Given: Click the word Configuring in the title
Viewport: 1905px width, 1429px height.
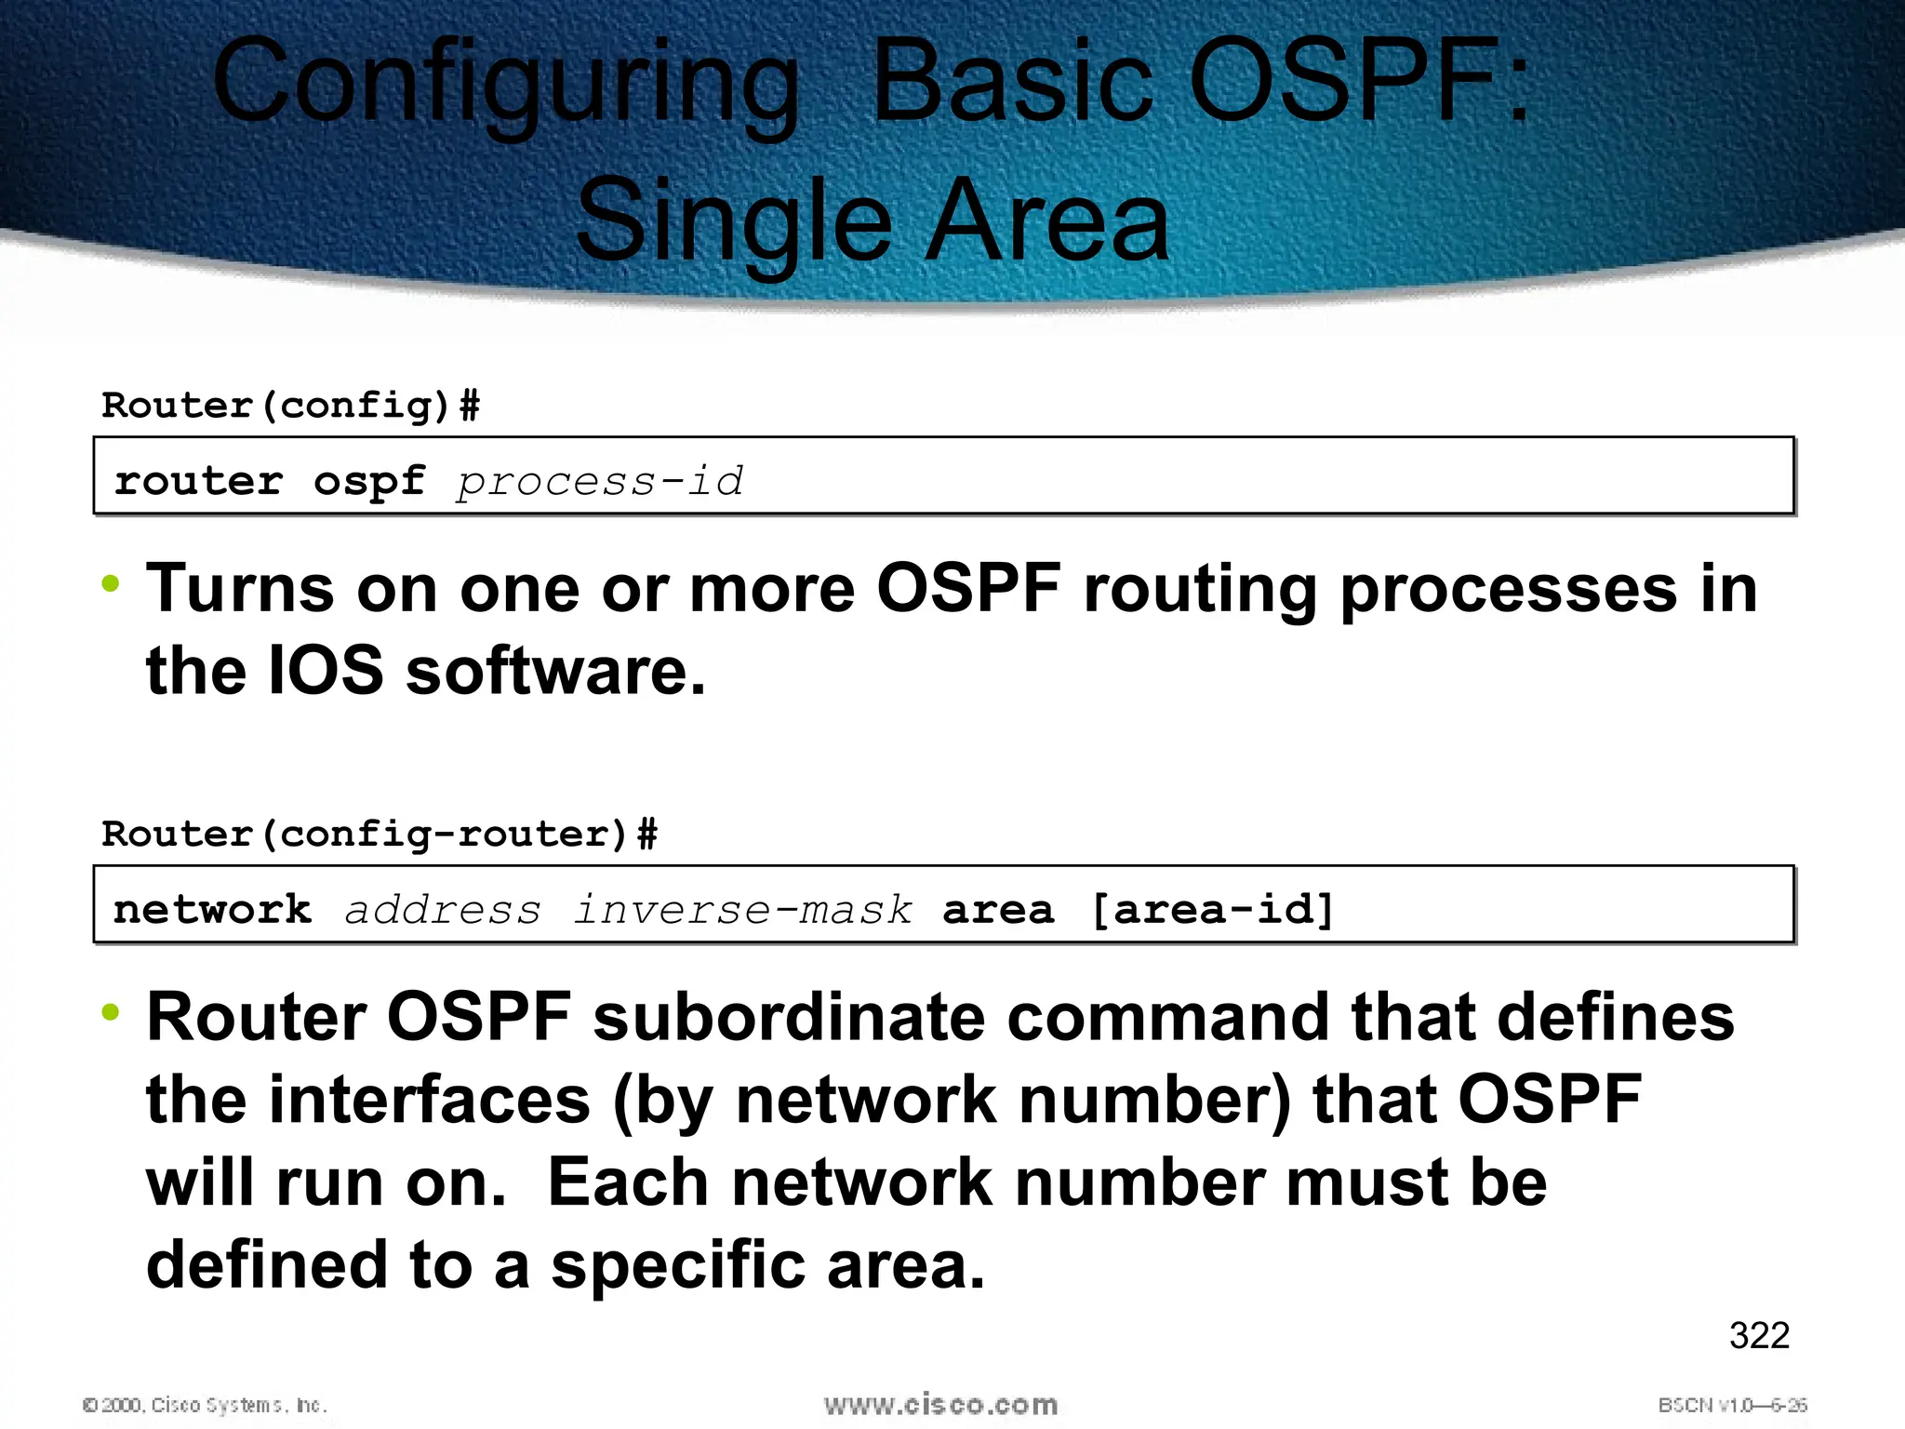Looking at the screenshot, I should [x=505, y=84].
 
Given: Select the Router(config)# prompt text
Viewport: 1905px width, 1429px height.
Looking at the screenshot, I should [x=290, y=406].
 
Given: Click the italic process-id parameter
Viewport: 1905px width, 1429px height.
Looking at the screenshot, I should [x=600, y=482].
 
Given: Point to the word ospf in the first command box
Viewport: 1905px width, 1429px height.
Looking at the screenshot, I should [x=369, y=482].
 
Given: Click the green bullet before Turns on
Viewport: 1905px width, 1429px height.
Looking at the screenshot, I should [x=111, y=585].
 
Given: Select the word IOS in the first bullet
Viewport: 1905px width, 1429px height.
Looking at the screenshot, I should [x=326, y=671].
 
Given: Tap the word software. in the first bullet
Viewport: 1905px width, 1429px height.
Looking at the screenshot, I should [x=555, y=671].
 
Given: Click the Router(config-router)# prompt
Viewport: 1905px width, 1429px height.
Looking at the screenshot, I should [x=379, y=834].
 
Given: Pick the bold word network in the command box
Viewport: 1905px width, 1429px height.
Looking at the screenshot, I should [x=212, y=910].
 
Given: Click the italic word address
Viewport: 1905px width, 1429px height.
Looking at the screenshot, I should [x=443, y=910].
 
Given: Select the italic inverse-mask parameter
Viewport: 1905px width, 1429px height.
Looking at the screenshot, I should [x=742, y=910].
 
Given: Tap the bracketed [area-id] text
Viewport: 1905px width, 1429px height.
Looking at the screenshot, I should [x=1212, y=910].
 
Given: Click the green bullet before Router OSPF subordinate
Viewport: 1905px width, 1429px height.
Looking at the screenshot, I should [x=111, y=1012].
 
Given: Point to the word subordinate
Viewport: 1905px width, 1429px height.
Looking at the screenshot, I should [x=788, y=1017].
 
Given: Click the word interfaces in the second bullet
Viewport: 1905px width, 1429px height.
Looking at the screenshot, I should [x=430, y=1100].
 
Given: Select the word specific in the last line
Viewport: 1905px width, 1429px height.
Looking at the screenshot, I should [x=677, y=1265].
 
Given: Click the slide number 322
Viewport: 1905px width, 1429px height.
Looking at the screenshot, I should [x=1758, y=1336].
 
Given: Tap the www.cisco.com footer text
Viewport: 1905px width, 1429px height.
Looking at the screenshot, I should [x=940, y=1405].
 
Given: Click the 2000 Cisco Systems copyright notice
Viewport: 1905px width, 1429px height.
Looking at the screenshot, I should [x=205, y=1405].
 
